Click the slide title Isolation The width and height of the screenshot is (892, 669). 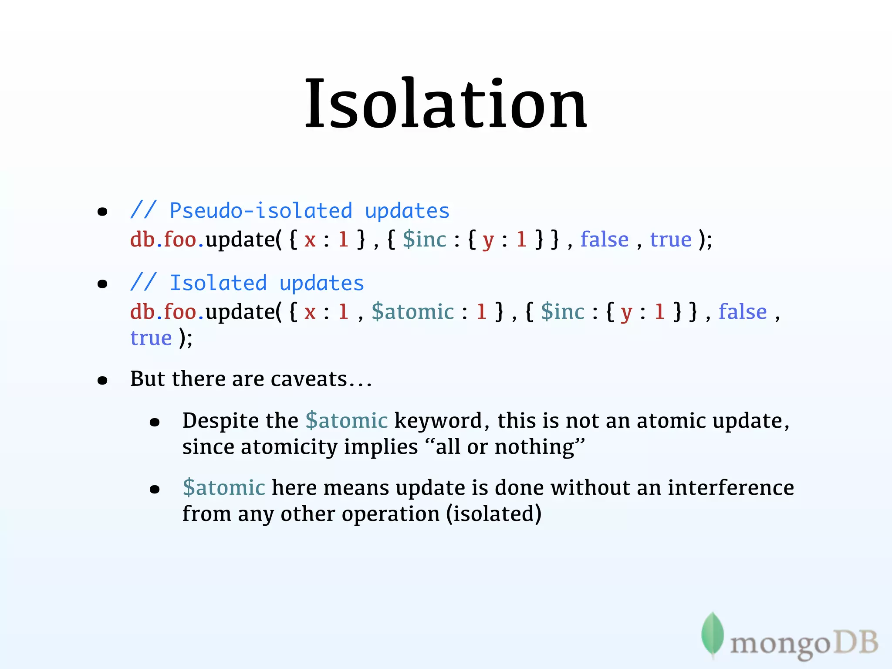[446, 105]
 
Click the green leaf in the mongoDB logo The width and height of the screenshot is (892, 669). [712, 634]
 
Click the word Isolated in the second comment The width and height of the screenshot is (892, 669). [218, 283]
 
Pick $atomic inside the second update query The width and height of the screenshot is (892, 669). [412, 312]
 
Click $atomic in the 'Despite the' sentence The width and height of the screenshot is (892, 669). [346, 421]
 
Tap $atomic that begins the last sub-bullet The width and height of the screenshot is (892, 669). [223, 487]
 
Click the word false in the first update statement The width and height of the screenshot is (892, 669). [604, 240]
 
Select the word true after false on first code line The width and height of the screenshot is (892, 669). [670, 240]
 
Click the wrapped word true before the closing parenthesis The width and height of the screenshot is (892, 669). [151, 338]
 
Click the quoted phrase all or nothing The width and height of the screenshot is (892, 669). [505, 447]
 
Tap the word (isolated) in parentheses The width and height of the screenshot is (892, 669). [493, 514]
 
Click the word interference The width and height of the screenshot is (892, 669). [730, 487]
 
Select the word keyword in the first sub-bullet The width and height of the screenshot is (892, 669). [438, 421]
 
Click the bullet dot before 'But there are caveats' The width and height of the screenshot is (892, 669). [102, 381]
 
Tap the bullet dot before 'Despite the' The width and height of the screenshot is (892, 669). [155, 422]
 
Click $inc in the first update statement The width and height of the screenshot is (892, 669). [424, 240]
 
